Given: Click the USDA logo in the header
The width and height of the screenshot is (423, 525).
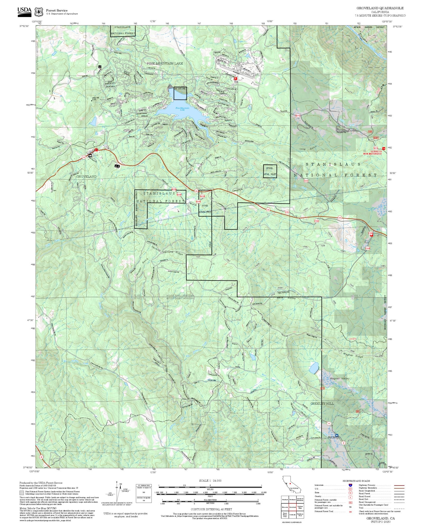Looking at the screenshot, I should pos(24,12).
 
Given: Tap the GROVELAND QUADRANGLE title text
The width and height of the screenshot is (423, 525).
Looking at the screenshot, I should pos(380,8).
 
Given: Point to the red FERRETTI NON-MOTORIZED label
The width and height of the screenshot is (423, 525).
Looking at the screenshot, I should pos(372,153).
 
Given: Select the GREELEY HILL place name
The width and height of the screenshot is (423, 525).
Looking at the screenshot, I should pos(322,404).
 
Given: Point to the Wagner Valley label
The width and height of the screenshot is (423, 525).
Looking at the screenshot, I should pos(339,379).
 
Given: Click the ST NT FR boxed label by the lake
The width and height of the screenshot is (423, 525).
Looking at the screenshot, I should pos(180,89).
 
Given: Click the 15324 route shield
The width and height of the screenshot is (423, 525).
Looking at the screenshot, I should pos(306,181).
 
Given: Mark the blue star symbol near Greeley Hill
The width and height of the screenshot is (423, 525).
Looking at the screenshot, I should pos(337,435).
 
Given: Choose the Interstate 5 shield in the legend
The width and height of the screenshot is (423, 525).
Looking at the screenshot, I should pos(350,485).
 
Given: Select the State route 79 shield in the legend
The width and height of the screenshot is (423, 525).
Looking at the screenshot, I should pos(350,493).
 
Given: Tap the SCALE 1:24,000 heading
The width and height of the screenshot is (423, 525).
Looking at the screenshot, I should pos(210,481).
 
